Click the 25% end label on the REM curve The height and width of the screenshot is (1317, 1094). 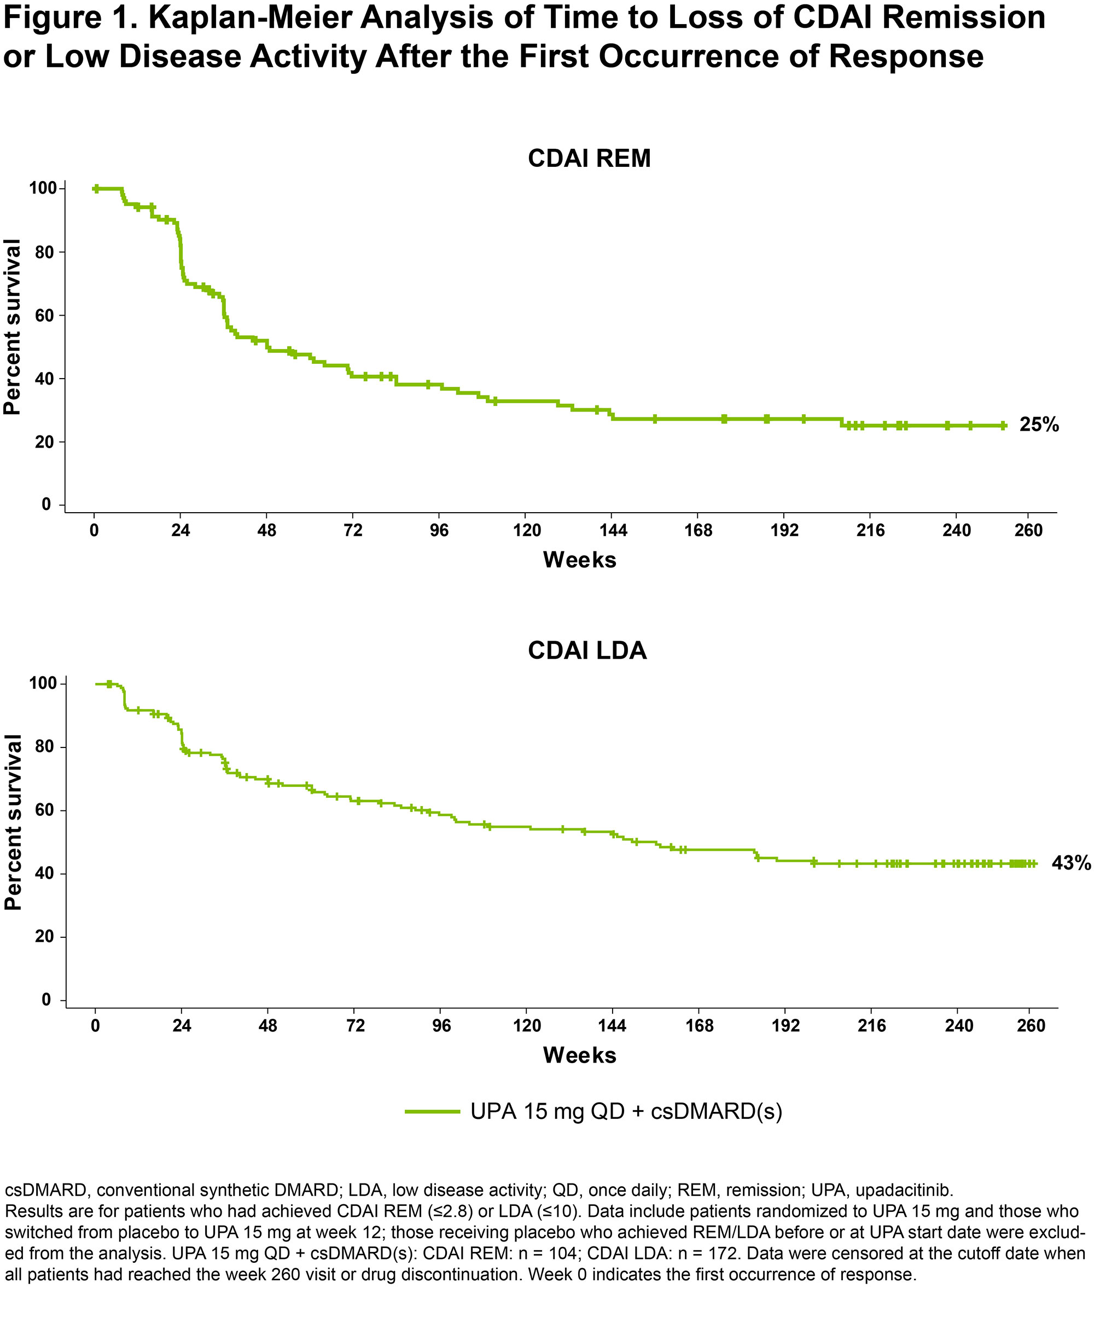1039,425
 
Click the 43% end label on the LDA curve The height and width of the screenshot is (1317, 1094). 1071,863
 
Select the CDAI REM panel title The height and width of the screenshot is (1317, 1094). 589,159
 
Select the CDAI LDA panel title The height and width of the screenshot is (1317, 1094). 587,651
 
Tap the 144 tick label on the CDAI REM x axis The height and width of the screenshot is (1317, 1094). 613,531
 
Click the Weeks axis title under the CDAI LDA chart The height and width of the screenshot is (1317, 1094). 579,1055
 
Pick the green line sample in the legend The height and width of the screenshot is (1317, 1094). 433,1112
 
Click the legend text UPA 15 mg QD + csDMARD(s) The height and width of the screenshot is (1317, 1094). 626,1112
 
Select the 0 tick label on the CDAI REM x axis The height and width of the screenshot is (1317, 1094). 94,531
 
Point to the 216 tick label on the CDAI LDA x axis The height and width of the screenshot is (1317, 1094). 871,1025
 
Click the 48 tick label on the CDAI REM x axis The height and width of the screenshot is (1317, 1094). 266,531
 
